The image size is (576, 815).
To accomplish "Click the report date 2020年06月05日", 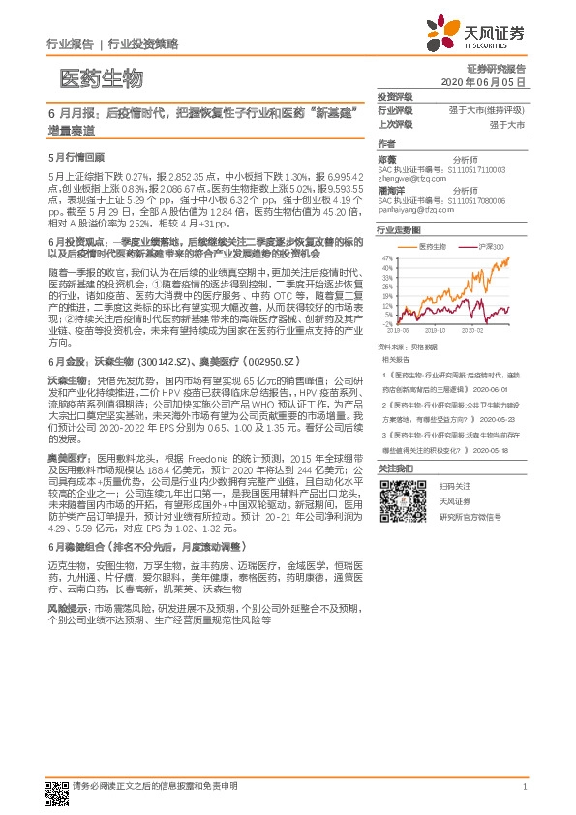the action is coord(488,84).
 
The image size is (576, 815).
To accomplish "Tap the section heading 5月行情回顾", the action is coord(76,157).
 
